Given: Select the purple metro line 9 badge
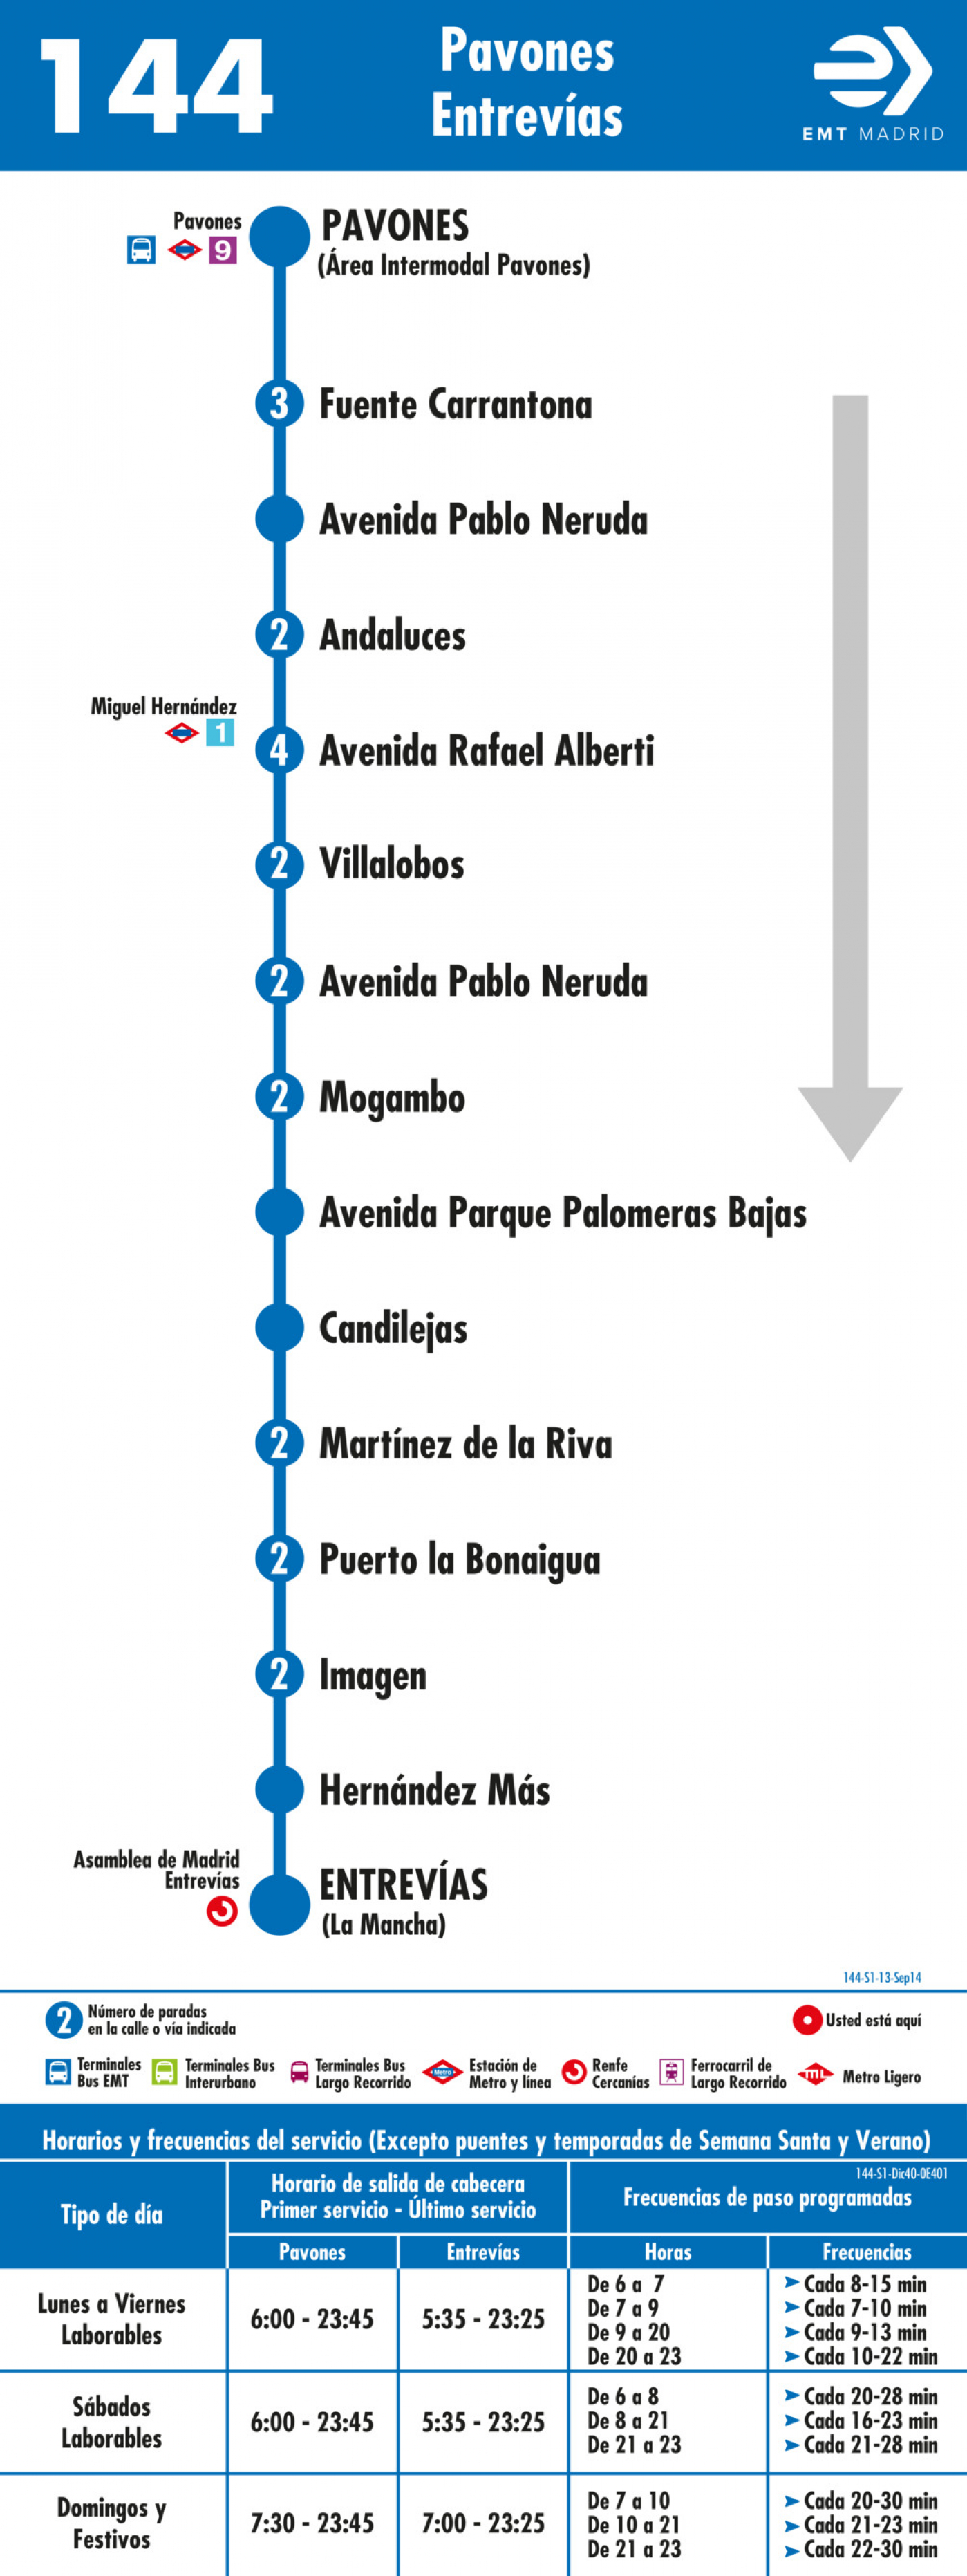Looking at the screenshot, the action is (x=222, y=249).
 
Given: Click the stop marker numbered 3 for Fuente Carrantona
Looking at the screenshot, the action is (x=279, y=404).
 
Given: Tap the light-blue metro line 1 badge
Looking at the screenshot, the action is (x=220, y=733).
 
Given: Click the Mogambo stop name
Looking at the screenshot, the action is (x=392, y=1098).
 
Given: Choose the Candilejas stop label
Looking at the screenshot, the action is (x=393, y=1329).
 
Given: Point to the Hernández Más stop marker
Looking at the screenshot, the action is (x=279, y=1790).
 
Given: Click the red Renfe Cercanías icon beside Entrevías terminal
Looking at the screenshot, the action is (x=222, y=1911).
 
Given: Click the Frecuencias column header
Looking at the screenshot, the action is (x=867, y=2251).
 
